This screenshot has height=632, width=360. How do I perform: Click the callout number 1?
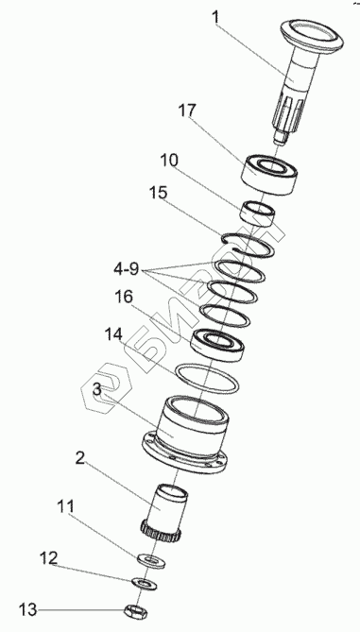coord(216,18)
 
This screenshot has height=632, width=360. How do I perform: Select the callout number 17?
coord(187,111)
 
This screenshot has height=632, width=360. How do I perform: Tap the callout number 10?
coord(169,161)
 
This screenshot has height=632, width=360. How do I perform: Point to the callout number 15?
coord(158,193)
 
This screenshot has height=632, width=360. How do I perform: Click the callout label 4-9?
coord(126,269)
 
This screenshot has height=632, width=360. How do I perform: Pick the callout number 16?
coord(124,297)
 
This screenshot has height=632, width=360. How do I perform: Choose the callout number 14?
coord(113,334)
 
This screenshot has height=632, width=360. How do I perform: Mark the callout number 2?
coord(80,458)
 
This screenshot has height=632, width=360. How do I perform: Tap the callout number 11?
coord(65,506)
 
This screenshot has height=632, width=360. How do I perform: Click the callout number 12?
coord(48,558)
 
